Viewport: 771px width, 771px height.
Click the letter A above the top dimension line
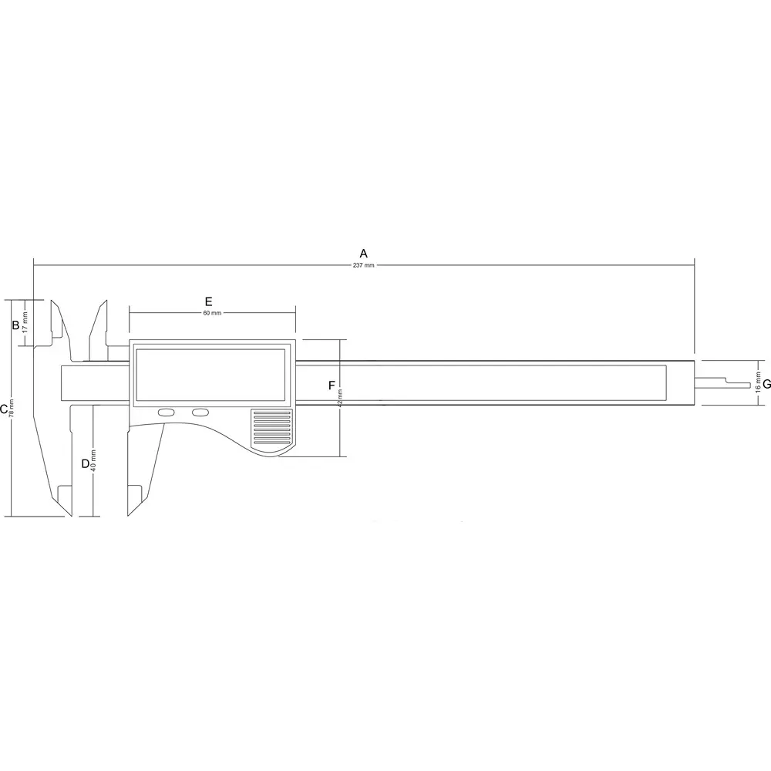(364, 253)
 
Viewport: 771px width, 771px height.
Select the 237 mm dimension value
(364, 265)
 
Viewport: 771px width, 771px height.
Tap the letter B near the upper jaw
(15, 325)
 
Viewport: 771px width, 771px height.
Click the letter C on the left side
(4, 409)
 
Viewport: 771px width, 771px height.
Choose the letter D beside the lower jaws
(86, 464)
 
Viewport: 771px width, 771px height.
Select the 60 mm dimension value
(212, 312)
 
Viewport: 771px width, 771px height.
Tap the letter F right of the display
(332, 384)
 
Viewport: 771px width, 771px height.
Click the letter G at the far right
(766, 383)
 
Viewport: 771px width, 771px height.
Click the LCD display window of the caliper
(212, 376)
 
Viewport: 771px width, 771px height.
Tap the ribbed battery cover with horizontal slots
(271, 429)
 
